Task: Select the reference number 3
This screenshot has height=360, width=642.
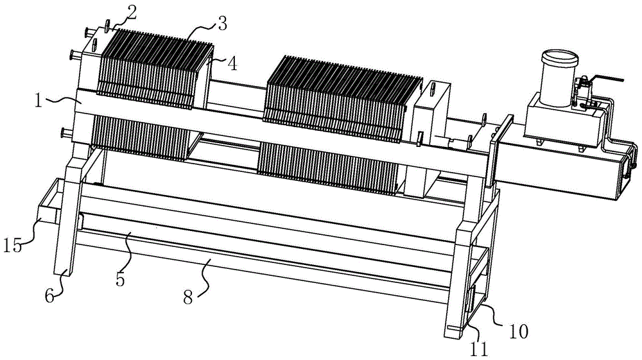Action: [221, 24]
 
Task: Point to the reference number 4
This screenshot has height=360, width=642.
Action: [232, 64]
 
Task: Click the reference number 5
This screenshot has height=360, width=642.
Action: [120, 279]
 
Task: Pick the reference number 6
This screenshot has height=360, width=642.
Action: [49, 296]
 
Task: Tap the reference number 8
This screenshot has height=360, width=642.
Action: [187, 298]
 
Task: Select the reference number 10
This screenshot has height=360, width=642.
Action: [518, 331]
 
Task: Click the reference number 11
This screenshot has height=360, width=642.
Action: [480, 348]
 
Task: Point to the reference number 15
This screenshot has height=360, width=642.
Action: [12, 246]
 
